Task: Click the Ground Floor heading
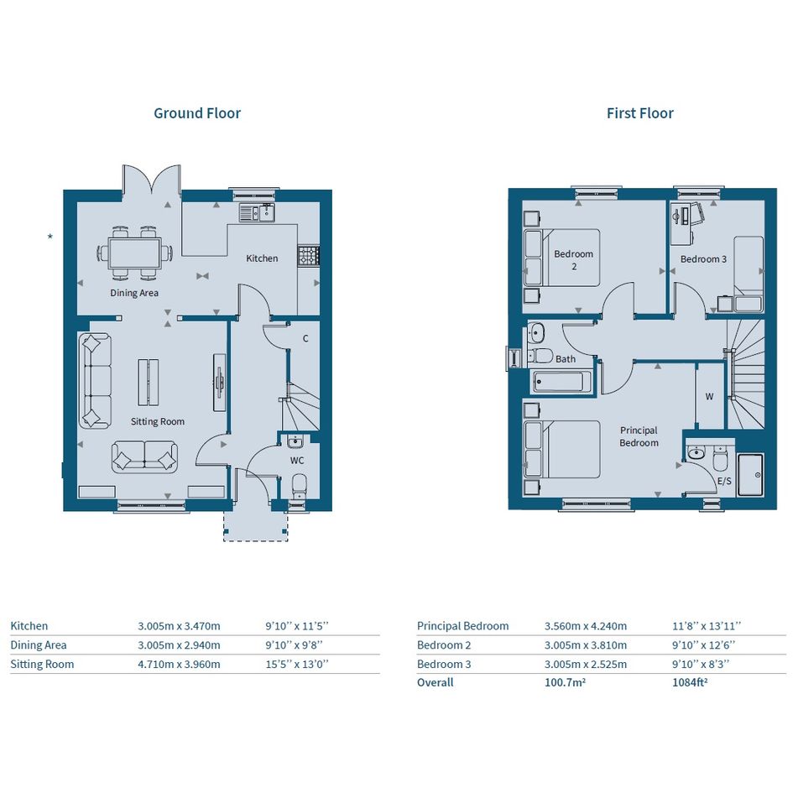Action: click(197, 113)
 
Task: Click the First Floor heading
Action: click(639, 113)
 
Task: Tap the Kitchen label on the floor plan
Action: click(262, 258)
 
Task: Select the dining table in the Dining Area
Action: click(134, 253)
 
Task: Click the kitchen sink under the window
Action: click(258, 213)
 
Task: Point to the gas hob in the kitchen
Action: click(308, 255)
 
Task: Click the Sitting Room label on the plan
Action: click(157, 421)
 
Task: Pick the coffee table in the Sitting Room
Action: click(149, 382)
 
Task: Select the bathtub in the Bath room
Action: click(561, 381)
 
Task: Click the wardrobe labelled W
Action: click(710, 396)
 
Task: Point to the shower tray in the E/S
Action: click(750, 475)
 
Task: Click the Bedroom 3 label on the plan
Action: click(703, 259)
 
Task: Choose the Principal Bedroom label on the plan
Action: click(639, 436)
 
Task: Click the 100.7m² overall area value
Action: click(565, 682)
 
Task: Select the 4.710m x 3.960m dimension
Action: click(179, 664)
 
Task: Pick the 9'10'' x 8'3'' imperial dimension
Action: click(701, 664)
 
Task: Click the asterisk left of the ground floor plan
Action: click(50, 236)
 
